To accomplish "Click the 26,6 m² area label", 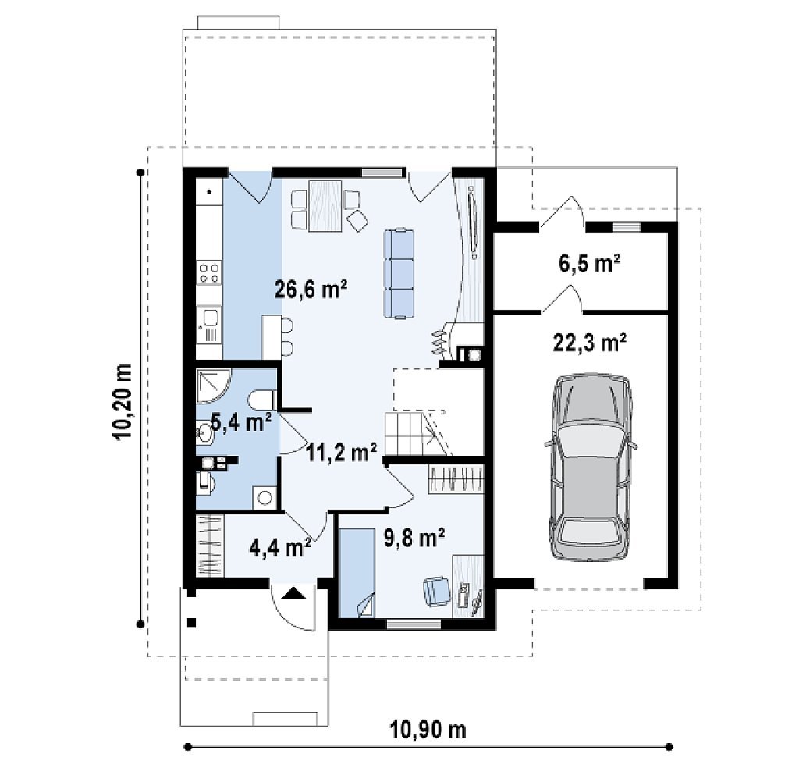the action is click(311, 290).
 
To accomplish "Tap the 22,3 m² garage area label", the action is click(590, 343).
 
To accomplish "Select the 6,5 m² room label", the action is click(590, 264).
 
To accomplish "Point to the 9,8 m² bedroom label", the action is click(414, 538).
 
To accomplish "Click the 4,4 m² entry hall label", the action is click(280, 547).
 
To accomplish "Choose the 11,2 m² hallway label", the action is click(342, 452).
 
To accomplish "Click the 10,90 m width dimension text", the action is click(428, 729).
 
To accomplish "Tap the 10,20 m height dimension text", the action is click(123, 402).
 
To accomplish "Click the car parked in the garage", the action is click(591, 468).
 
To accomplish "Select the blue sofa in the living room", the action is click(399, 274).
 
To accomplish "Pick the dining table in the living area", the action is click(325, 205).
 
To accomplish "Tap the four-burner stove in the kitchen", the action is click(209, 272).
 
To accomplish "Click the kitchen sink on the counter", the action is click(209, 324).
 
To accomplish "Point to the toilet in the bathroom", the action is click(263, 400).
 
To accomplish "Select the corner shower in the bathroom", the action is click(214, 386).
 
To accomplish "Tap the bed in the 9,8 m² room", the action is click(357, 573).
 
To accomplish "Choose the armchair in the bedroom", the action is click(437, 591).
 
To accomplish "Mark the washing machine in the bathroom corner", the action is click(265, 498).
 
